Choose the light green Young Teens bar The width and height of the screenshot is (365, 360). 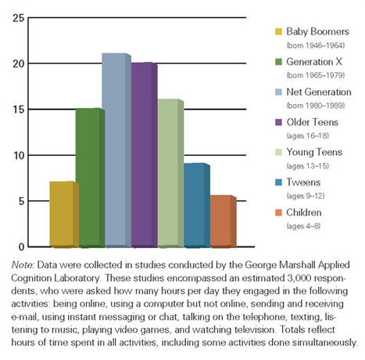pos(168,173)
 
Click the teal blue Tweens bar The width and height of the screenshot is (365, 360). pos(195,205)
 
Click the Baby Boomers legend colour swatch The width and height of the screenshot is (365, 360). pos(277,32)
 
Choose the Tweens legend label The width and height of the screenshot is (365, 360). pos(302,180)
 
